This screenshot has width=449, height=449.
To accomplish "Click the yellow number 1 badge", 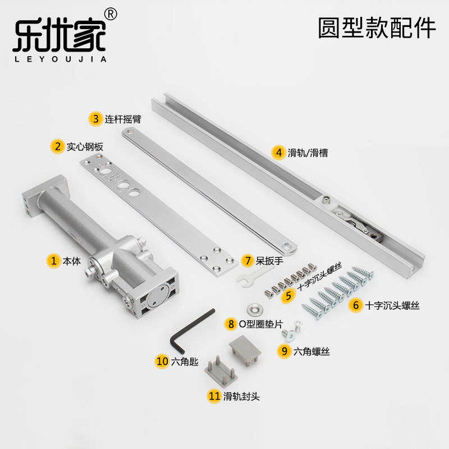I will pyautogui.click(x=54, y=260).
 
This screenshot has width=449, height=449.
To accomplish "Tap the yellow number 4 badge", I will pyautogui.click(x=278, y=152).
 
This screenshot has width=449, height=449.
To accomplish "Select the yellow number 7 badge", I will pyautogui.click(x=248, y=260).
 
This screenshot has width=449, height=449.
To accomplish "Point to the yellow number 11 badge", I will pyautogui.click(x=214, y=396).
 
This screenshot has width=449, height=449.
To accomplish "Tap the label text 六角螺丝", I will pyautogui.click(x=311, y=351).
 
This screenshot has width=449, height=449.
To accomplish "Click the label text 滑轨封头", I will pyautogui.click(x=241, y=396).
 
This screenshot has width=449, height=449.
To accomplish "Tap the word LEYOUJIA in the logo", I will pyautogui.click(x=59, y=58).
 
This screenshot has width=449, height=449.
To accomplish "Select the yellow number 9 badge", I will pyautogui.click(x=285, y=351).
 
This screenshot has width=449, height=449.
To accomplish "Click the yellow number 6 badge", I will pyautogui.click(x=354, y=305).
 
